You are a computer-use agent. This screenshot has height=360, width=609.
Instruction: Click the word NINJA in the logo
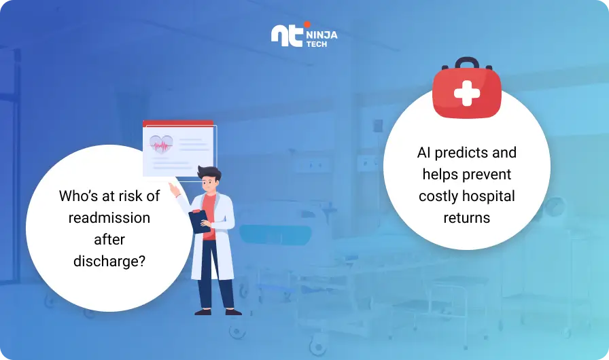[322, 35]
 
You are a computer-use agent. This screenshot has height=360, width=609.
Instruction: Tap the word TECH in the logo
[317, 44]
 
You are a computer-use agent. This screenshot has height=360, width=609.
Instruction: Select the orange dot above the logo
[307, 24]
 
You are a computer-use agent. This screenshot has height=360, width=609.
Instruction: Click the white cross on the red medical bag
[467, 93]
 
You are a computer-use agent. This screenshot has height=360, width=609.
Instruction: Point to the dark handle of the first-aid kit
[467, 62]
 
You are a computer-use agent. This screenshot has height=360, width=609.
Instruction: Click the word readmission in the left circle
[109, 218]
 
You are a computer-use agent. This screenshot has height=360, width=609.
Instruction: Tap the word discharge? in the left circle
[109, 262]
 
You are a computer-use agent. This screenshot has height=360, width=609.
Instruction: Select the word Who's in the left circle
[78, 196]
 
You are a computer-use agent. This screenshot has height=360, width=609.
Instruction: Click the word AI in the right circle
[423, 152]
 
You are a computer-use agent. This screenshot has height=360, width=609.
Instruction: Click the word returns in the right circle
[467, 218]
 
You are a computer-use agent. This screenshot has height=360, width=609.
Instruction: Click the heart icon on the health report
[161, 144]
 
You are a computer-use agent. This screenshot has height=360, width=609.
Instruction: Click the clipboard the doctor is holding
[200, 221]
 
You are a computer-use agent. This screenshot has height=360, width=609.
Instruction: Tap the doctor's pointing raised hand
[173, 189]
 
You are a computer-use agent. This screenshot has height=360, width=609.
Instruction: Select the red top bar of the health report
[178, 124]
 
